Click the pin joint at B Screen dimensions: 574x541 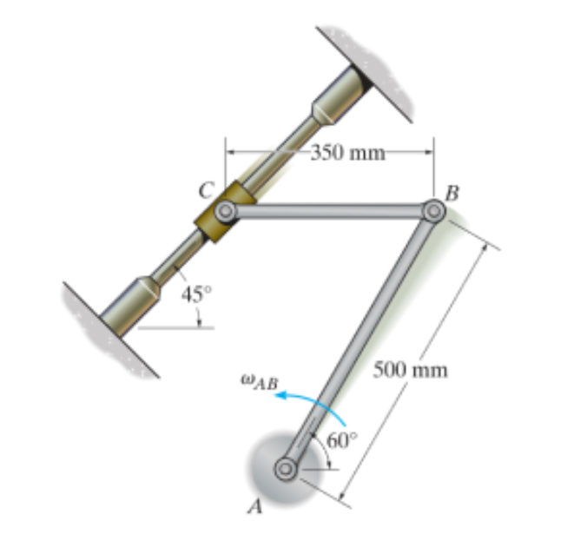434,211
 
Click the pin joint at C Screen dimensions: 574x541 226,211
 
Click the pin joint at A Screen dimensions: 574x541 286,469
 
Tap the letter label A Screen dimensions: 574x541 255,506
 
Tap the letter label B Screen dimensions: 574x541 452,194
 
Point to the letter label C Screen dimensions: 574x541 206,191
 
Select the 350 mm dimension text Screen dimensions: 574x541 347,153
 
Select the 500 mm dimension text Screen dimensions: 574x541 410,370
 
